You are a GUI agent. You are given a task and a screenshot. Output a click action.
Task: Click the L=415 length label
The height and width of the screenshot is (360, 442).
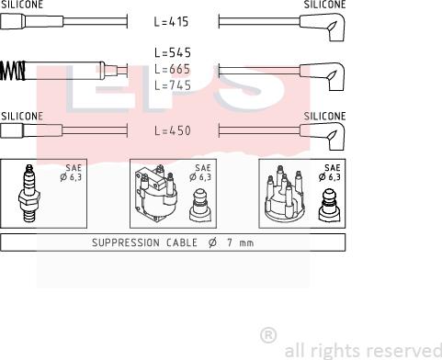171,22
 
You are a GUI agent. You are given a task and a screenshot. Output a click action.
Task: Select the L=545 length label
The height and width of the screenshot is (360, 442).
173,53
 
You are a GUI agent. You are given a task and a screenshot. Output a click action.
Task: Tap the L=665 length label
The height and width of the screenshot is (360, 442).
173,69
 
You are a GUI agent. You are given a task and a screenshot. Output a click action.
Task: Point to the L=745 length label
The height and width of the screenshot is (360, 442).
173,85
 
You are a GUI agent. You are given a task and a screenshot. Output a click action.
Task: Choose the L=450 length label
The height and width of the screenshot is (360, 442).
173,130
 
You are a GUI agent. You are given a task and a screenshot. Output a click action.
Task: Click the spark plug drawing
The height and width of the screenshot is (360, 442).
28,193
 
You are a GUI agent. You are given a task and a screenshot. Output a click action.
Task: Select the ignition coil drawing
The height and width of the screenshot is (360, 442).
156,193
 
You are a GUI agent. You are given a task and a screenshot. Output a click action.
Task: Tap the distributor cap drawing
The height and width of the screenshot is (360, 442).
284,194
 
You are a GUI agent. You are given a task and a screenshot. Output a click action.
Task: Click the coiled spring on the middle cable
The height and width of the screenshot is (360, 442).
12,71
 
